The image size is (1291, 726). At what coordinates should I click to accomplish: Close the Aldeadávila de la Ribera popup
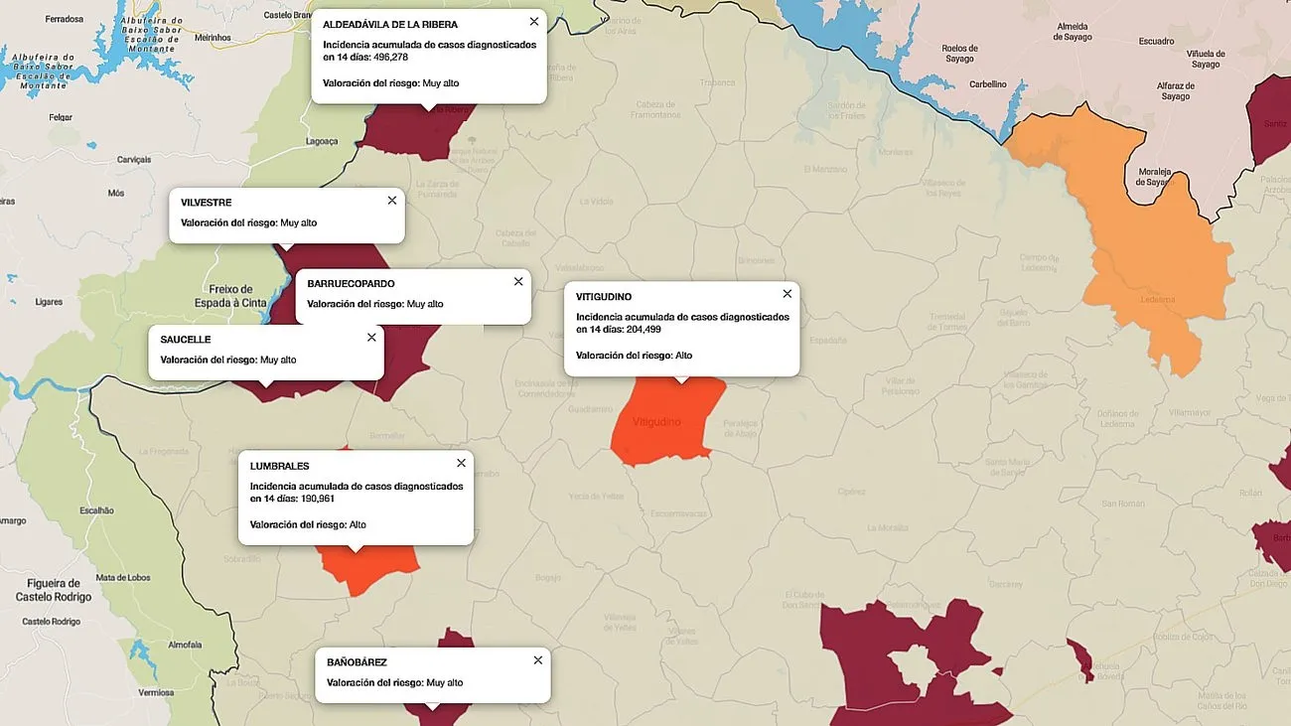(534, 22)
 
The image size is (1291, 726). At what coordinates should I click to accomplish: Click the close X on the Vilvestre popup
(392, 201)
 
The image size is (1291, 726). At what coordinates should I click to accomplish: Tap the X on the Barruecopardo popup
(518, 282)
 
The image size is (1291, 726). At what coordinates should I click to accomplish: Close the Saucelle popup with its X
(371, 338)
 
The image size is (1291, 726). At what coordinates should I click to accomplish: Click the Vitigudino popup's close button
(788, 294)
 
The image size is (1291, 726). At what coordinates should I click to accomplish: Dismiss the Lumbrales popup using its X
(461, 464)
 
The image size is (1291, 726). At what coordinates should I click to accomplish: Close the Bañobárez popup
(538, 660)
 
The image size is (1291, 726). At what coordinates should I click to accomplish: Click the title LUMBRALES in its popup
(279, 466)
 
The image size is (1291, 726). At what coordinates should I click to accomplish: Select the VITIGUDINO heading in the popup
(604, 297)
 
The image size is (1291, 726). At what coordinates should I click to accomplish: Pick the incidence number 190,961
(318, 499)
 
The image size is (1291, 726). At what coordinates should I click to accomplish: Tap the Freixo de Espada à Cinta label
(230, 296)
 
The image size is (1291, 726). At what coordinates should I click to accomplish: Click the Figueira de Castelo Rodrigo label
(54, 590)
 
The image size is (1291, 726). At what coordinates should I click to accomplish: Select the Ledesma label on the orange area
(1158, 299)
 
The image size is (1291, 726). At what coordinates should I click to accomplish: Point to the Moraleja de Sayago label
(1155, 176)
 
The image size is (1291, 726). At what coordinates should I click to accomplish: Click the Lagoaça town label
(322, 141)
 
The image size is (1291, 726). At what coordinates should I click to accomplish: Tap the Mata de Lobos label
(122, 577)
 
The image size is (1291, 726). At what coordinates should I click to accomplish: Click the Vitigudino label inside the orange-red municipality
(656, 422)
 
